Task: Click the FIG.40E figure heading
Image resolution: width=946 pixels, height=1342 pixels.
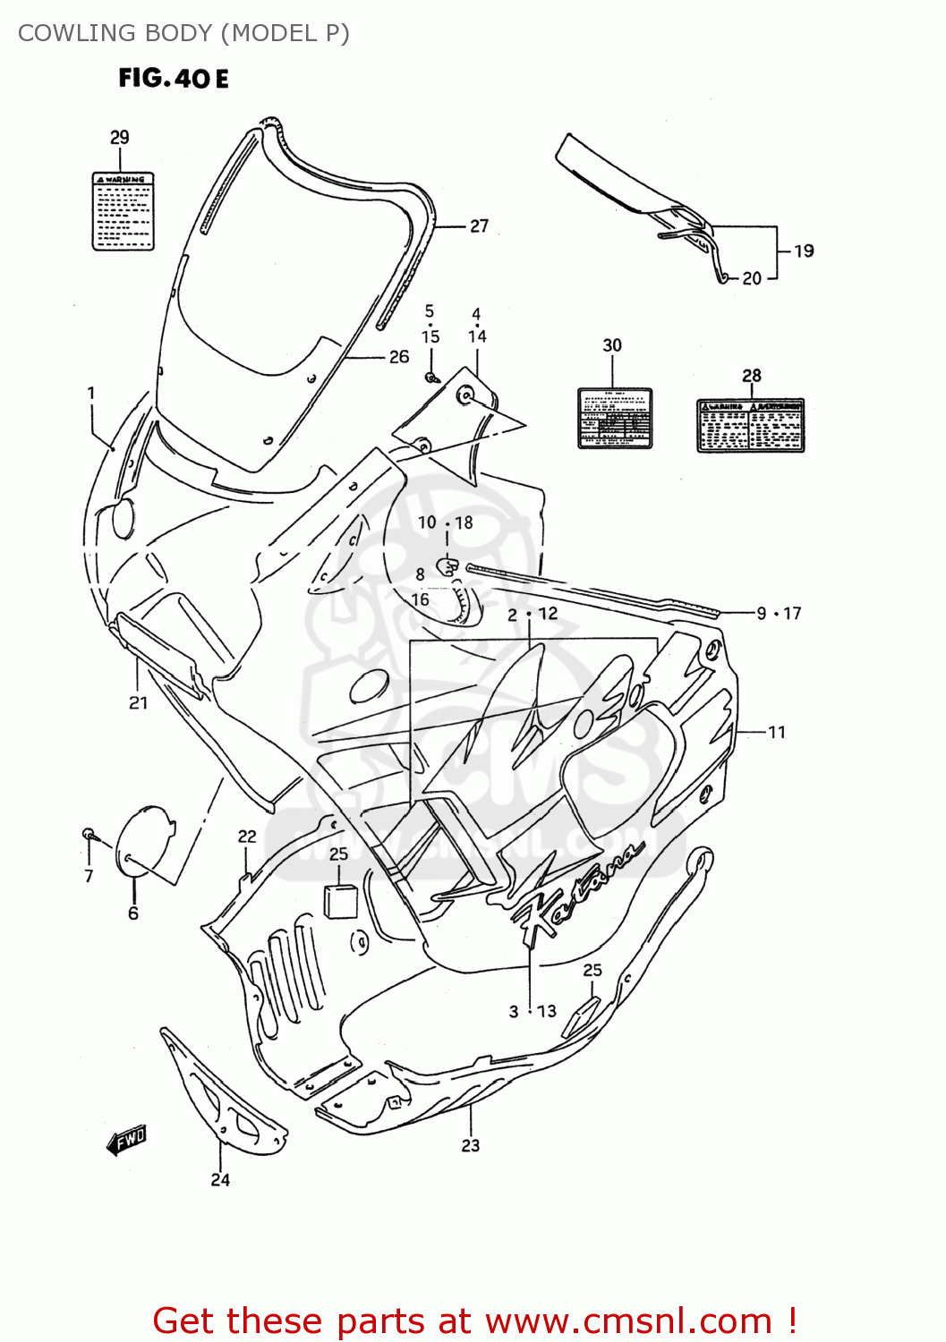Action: click(x=174, y=79)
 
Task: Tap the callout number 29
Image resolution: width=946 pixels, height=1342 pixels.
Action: click(x=120, y=137)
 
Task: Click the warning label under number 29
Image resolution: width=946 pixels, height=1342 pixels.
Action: click(x=124, y=211)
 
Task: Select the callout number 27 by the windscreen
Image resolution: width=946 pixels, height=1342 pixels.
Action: click(x=480, y=226)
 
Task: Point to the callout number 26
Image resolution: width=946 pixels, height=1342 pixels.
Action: click(x=399, y=357)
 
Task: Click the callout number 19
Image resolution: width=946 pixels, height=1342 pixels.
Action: click(x=804, y=251)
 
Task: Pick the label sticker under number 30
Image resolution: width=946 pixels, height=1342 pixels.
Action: click(x=614, y=418)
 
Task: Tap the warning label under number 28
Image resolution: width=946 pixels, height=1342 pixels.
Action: click(x=751, y=425)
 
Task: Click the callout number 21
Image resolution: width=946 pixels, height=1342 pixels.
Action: click(x=138, y=703)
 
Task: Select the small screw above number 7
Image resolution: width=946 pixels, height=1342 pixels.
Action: click(x=89, y=834)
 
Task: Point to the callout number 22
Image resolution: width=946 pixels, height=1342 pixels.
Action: click(x=247, y=837)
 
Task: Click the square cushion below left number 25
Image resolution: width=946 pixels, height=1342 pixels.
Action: click(x=340, y=901)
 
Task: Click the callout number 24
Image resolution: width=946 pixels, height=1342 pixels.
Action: click(x=220, y=1180)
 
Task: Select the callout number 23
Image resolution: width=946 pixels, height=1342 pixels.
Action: click(x=471, y=1145)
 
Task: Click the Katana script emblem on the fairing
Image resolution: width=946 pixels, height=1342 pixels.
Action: click(x=578, y=890)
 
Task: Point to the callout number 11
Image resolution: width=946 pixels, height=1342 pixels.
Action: click(x=777, y=732)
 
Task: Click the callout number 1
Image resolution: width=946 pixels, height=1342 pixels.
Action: click(x=91, y=393)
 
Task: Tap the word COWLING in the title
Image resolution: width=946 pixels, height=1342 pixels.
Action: click(x=77, y=33)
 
